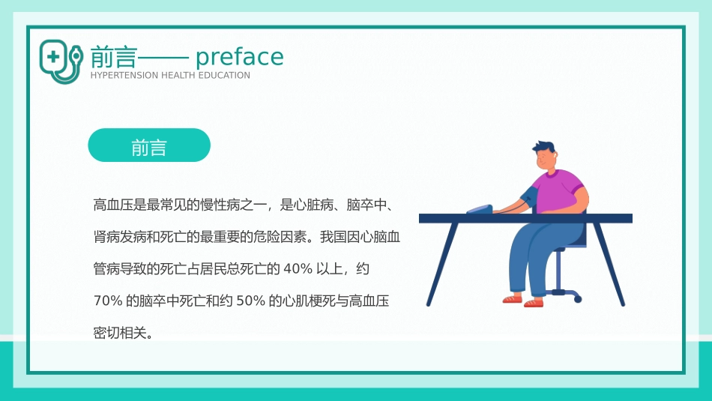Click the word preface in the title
pos(240,58)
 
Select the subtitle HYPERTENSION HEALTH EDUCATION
pos(170,76)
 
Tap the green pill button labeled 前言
pos(149,145)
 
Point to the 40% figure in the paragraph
pos(297,268)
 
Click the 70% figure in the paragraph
pos(108,301)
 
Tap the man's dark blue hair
pos(545,148)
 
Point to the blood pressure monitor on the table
pos(480,209)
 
